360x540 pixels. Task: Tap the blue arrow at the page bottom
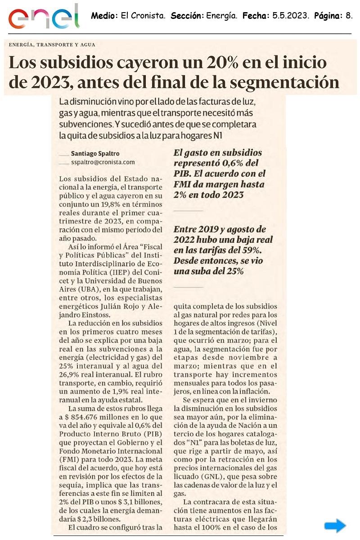(335, 525)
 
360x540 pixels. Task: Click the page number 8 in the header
(349, 16)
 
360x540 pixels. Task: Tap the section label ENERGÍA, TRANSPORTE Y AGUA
(52, 45)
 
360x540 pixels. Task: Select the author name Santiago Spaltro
(92, 153)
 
